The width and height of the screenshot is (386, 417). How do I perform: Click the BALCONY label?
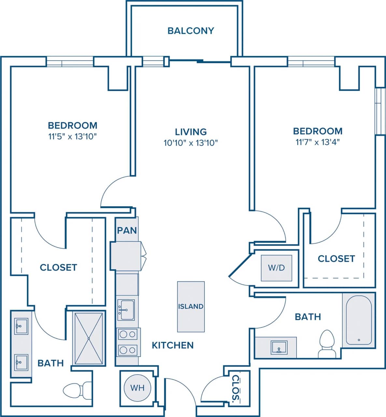[191, 31]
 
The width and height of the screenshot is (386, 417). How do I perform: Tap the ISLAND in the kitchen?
[191, 306]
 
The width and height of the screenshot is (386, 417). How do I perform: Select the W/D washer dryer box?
[276, 268]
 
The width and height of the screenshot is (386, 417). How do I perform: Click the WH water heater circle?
[137, 388]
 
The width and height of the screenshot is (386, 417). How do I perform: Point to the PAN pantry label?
[127, 230]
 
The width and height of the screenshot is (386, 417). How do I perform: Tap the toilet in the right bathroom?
[326, 344]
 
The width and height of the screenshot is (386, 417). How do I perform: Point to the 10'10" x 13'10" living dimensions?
[191, 143]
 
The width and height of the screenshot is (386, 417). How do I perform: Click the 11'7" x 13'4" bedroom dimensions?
[318, 142]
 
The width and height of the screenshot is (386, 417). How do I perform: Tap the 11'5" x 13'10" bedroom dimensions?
[72, 136]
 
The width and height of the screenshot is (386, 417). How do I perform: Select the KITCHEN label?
[173, 345]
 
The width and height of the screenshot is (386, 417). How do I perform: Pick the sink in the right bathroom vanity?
[279, 347]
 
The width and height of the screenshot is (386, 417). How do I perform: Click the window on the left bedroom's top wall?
[70, 62]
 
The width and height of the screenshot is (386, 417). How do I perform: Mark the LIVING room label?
[191, 132]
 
